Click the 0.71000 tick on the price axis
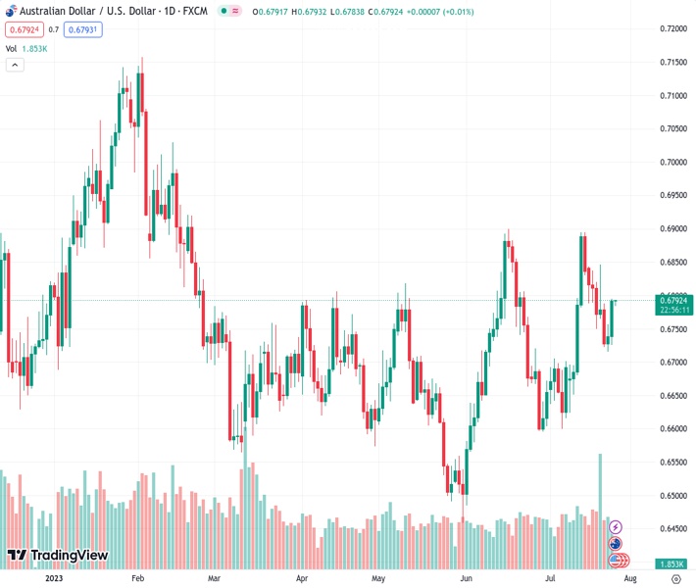(672, 95)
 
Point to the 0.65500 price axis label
(672, 462)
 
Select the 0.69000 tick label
(672, 228)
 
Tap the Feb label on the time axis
(137, 579)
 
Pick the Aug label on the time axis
(629, 579)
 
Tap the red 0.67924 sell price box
(24, 29)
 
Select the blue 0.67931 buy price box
(83, 29)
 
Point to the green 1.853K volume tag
(672, 564)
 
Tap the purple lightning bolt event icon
(617, 527)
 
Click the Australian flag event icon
(616, 544)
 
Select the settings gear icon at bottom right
(675, 579)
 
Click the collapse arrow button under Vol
(15, 65)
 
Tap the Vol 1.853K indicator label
(25, 48)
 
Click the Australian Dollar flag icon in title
(11, 11)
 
